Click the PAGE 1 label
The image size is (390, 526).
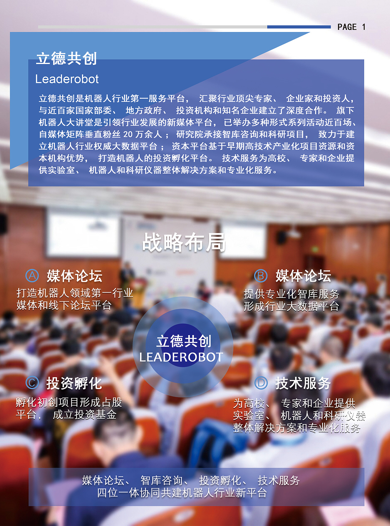(351, 27)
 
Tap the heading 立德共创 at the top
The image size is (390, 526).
(66, 58)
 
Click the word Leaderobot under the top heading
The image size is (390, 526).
(67, 79)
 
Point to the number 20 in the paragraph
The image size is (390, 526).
(128, 134)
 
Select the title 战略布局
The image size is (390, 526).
(184, 242)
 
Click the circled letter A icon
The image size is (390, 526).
(32, 276)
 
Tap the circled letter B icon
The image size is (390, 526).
(261, 276)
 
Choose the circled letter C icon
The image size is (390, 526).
(32, 383)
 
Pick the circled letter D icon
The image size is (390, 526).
(261, 383)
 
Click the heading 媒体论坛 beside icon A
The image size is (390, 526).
(75, 276)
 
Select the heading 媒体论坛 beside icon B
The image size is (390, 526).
(303, 276)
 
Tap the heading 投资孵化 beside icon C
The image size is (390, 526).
(74, 383)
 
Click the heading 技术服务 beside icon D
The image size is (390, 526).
(303, 383)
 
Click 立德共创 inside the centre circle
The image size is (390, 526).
(184, 341)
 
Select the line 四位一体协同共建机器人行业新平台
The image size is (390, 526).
(182, 493)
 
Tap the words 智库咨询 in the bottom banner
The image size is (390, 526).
(161, 481)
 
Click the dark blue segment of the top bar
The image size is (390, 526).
(299, 27)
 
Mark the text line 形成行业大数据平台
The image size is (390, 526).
(291, 306)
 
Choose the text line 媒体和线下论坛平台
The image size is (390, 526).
(64, 305)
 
